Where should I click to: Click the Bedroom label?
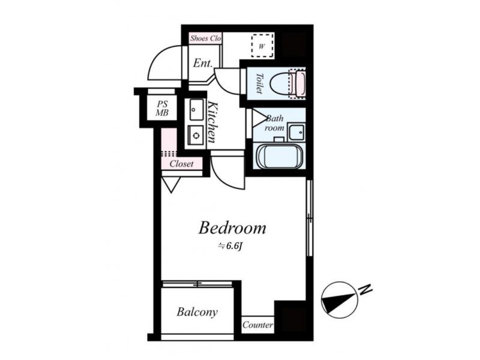point(232,228)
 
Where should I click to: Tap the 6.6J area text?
point(230,246)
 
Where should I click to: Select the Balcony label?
point(197,312)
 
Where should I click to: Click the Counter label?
point(258,325)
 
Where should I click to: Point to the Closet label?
point(182,164)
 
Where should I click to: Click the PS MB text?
point(162,109)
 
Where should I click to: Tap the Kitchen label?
point(212,122)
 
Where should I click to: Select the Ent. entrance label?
point(203,64)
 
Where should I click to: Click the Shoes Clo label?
point(205,38)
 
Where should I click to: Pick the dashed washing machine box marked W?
point(262,46)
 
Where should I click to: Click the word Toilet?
point(259,83)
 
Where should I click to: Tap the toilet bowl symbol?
point(288,83)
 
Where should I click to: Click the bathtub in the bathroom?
point(280,156)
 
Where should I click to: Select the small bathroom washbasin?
point(296,132)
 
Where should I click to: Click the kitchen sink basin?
point(196,109)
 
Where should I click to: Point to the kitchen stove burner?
point(196,135)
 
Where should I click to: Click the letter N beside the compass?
point(365,289)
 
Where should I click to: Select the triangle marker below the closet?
point(171,185)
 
